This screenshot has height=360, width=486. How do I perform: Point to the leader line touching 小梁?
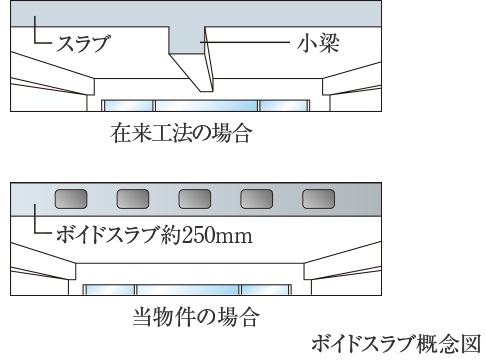click(x=250, y=44)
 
